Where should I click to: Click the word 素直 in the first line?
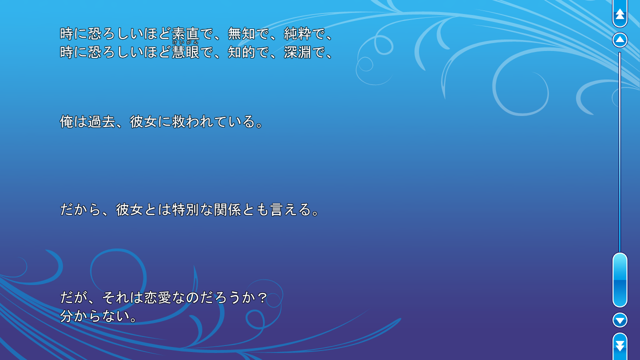coord(185,34)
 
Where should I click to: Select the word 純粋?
coord(297,34)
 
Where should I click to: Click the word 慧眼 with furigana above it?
coord(185,52)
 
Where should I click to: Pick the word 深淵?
coord(297,52)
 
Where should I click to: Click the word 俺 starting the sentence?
coord(67,121)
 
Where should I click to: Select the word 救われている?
coord(213,121)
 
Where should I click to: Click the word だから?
coord(80,209)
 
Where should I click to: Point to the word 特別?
coord(185,209)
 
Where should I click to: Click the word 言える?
coord(290,209)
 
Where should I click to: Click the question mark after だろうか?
coord(262,298)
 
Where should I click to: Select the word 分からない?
coord(94,316)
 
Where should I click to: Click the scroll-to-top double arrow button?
coord(620,14)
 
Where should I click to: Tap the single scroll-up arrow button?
coord(620,40)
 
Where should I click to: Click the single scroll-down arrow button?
coord(620,320)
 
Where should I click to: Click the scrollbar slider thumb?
coord(620,280)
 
